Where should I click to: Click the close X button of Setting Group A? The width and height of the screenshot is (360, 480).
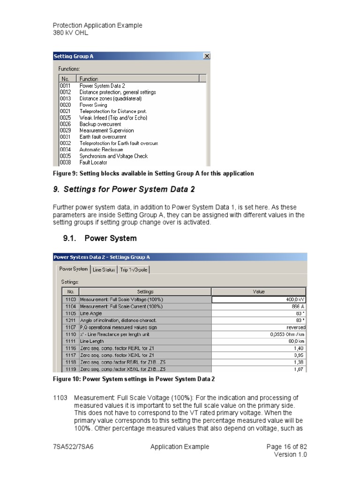206,56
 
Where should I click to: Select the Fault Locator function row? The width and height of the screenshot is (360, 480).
93,163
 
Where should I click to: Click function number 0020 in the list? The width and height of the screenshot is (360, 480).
65,105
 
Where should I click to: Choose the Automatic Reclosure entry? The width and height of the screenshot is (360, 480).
101,150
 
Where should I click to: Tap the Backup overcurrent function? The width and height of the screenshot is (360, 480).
100,124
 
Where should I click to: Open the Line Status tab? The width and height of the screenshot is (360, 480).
104,270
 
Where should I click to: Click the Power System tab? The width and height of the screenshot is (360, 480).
73,269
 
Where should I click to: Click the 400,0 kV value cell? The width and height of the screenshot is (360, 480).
259,299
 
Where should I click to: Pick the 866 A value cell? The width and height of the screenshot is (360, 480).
259,306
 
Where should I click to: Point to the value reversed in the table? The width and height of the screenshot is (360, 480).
259,327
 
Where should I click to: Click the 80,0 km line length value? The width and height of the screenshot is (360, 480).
259,342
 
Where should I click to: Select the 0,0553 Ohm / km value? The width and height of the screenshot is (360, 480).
259,334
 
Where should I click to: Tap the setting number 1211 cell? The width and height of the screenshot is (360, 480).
70,320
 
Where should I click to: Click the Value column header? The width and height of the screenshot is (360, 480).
259,292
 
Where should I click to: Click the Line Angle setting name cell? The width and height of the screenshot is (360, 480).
145,313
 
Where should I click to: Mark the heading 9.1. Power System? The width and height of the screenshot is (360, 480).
100,238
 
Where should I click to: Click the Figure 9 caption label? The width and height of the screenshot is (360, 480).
153,173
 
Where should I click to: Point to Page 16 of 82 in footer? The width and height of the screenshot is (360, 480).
286,447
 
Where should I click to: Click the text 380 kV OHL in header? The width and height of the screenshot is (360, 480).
70,33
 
